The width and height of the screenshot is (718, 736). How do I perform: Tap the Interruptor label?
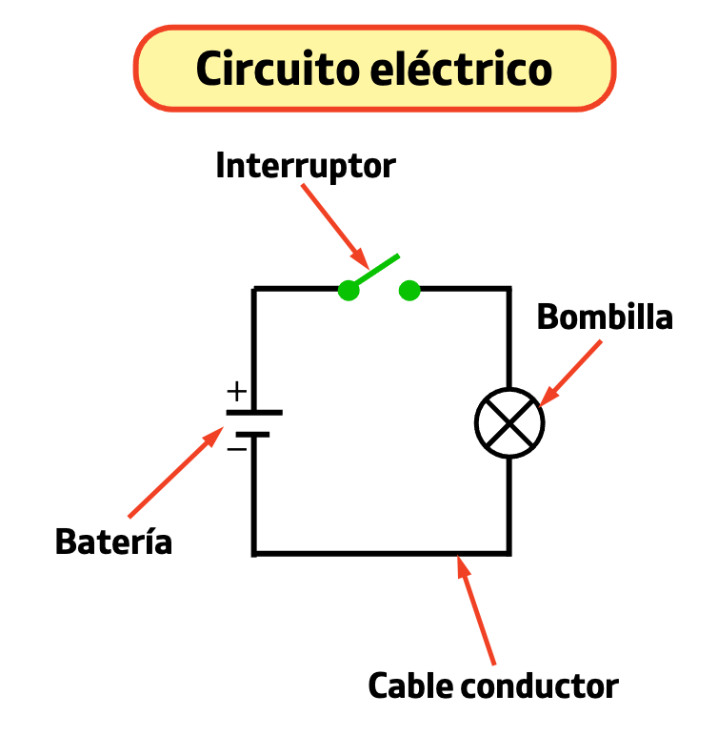click(305, 165)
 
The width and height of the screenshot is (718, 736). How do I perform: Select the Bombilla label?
click(605, 317)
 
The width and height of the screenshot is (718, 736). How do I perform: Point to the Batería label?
click(113, 541)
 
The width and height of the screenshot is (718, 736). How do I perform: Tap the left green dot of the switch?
click(349, 291)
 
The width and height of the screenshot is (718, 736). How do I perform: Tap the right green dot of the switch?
click(409, 291)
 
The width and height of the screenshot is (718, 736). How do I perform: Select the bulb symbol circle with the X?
click(509, 422)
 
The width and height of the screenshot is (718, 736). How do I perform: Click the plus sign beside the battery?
click(236, 391)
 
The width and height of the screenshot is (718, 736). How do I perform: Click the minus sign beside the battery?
click(236, 446)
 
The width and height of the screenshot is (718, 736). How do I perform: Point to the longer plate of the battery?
click(254, 413)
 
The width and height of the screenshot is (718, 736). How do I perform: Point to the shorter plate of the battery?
click(254, 435)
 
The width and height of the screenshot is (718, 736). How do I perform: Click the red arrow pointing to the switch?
click(333, 225)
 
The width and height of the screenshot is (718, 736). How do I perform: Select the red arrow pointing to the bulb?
click(571, 373)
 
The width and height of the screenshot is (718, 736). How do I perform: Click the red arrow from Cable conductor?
click(477, 610)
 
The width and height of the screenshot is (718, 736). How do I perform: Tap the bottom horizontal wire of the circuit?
click(381, 553)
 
